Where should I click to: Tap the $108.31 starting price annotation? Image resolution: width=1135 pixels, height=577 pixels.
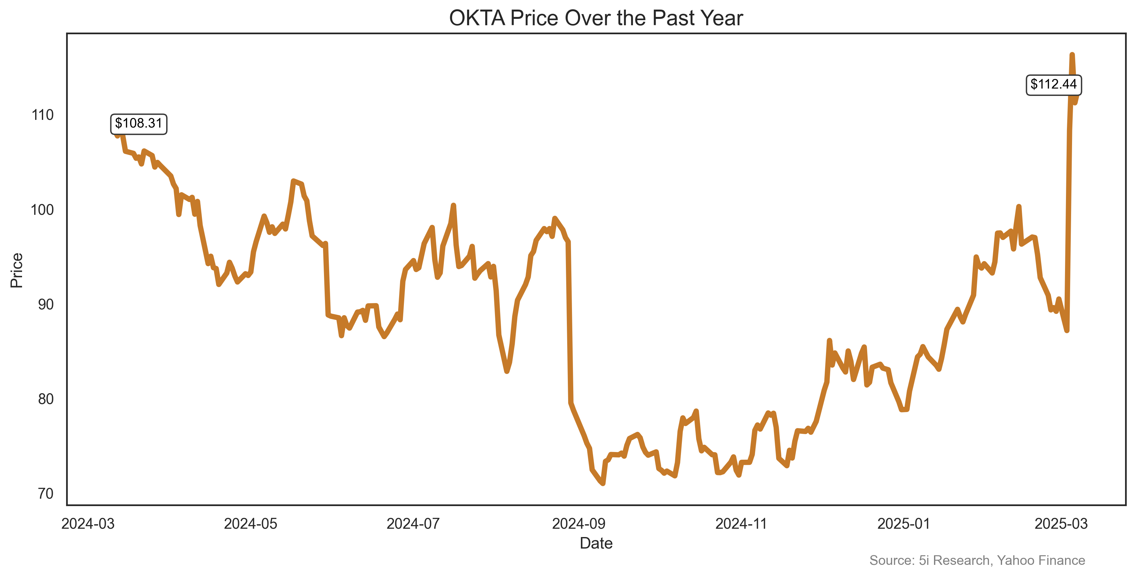138,123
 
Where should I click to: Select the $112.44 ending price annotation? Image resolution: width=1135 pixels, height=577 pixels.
1054,84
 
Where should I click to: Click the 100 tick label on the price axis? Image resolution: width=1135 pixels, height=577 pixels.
42,210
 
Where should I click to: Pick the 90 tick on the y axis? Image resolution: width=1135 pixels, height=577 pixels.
45,305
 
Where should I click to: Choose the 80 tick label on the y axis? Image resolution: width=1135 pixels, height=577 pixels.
45,399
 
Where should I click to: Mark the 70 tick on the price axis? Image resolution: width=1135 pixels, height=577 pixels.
45,494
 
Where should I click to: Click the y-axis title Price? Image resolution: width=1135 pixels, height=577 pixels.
17,270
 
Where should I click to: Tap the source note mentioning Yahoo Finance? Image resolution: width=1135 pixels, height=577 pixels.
977,560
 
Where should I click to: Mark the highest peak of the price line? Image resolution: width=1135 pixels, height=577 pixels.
1072,55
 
